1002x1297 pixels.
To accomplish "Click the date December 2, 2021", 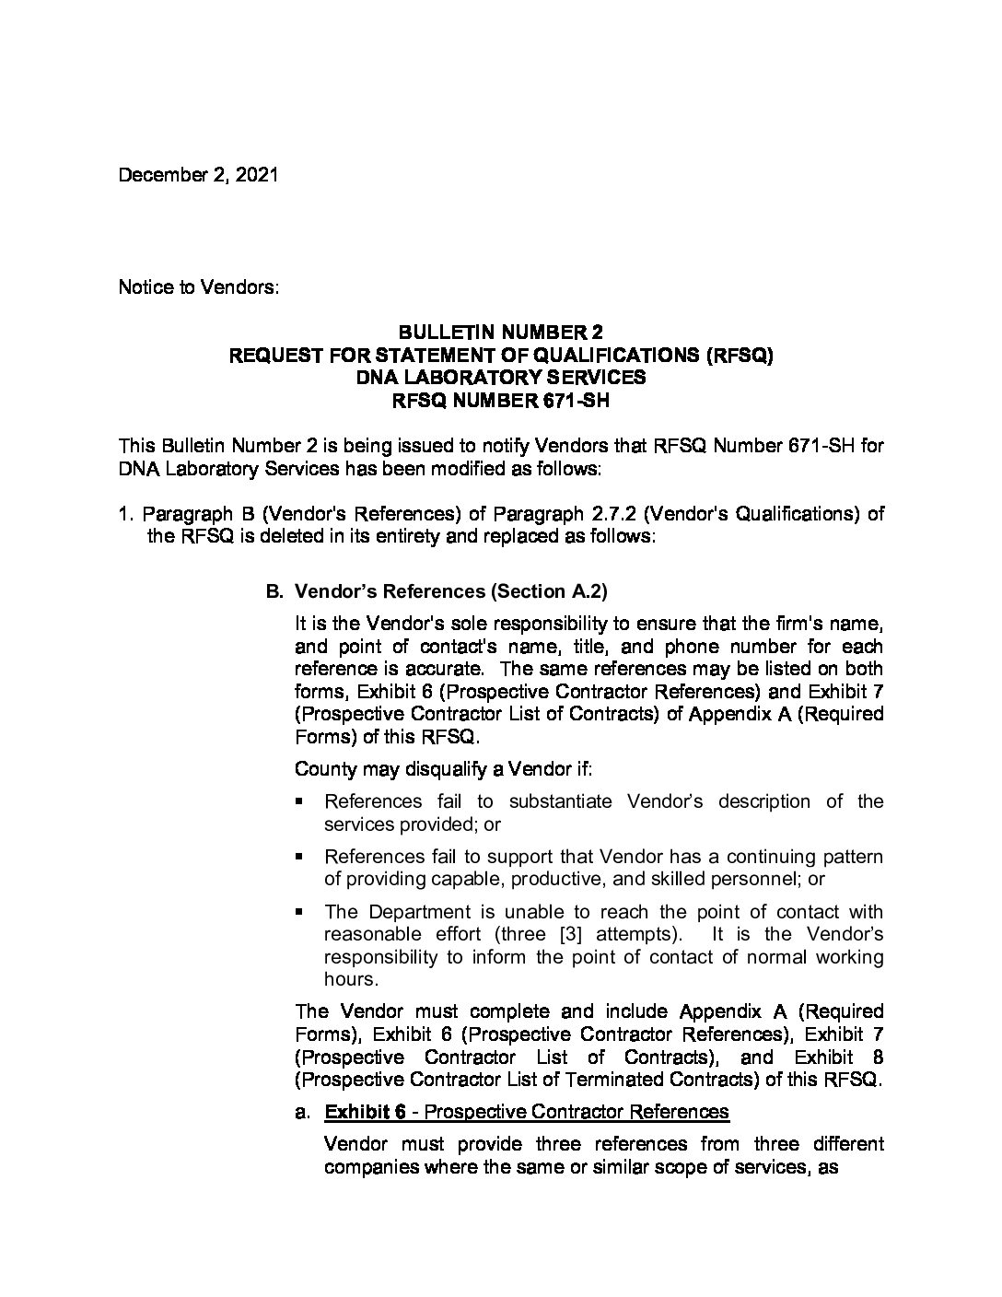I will click(x=198, y=175).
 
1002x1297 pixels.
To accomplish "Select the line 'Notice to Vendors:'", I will click(x=198, y=286).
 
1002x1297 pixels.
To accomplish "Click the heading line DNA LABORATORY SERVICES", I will click(x=501, y=377).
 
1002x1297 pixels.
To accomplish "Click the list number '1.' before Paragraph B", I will click(x=127, y=513).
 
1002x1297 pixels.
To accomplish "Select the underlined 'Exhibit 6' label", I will click(x=366, y=1112).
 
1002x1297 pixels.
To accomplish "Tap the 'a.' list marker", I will click(x=303, y=1112).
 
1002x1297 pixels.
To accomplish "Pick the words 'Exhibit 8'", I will click(x=838, y=1057).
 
